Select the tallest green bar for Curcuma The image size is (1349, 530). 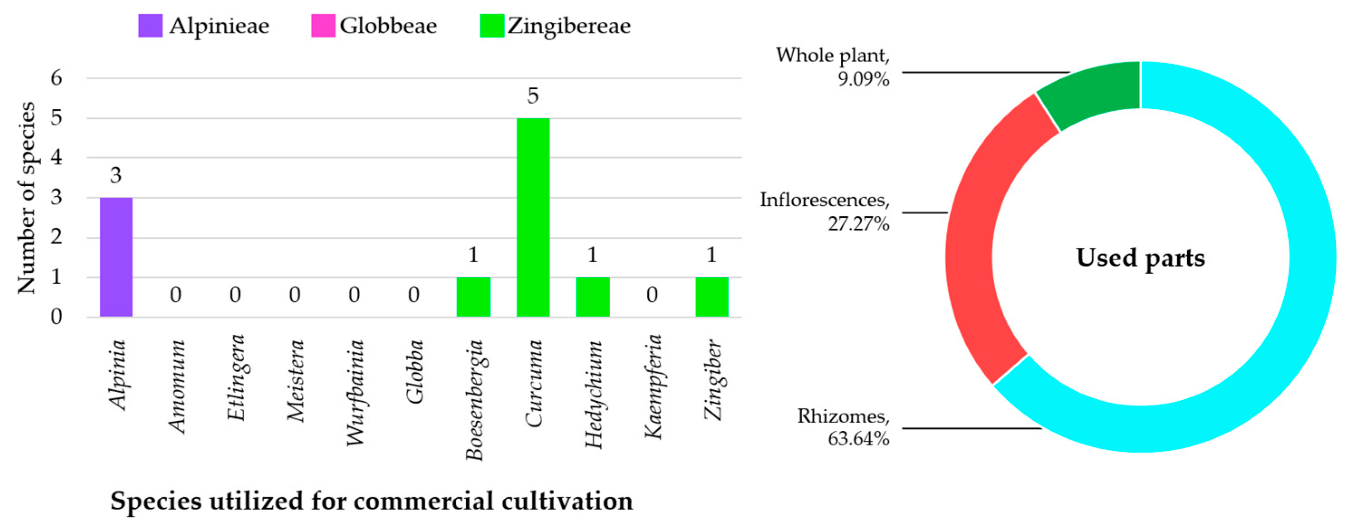point(533,217)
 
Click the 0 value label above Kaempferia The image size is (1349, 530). point(651,295)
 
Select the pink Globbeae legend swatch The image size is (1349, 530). point(323,26)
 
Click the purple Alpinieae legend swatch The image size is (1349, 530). point(150,26)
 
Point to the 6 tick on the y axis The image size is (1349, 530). point(56,78)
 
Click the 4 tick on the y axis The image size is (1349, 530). point(56,158)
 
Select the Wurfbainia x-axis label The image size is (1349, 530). point(355,393)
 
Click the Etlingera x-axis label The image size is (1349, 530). point(236,377)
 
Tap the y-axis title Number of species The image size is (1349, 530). point(26,198)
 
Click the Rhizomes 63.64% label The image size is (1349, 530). point(843,427)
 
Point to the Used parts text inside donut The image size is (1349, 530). point(1140,258)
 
